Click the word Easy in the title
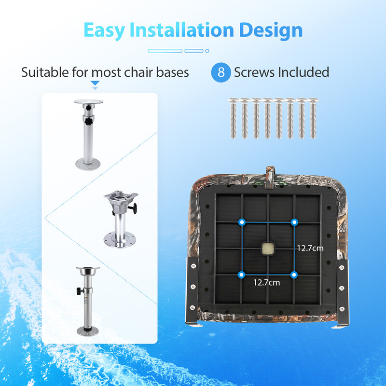coord(104,30)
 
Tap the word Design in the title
coord(271,30)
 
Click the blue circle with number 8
coord(221,72)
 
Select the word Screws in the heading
coord(254,72)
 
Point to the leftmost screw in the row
coord(234,118)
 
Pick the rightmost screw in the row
coord(313,118)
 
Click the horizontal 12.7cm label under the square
coord(267,282)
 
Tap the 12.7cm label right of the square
coord(310,248)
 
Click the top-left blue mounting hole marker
coord(242,222)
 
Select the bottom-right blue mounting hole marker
coord(294,275)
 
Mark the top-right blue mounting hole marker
coord(294,222)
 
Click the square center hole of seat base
coord(268,248)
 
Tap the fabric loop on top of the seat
coord(270,176)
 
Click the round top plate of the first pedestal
coord(89,102)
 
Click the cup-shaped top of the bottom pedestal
coord(88,271)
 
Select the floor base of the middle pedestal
coord(120,240)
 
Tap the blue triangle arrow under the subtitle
coord(95,83)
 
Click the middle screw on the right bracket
coord(342,288)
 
